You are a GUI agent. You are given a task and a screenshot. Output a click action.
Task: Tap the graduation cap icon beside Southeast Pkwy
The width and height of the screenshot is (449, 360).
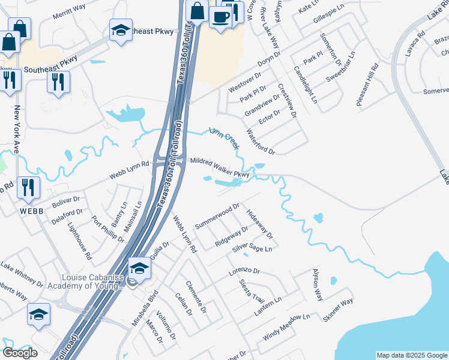(121, 31)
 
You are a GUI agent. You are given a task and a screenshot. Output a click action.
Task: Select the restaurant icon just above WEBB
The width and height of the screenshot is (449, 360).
(28, 187)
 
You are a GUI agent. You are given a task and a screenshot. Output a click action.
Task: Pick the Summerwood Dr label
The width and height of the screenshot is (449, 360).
(217, 214)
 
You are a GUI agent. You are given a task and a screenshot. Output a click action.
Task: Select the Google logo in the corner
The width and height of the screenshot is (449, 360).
(20, 353)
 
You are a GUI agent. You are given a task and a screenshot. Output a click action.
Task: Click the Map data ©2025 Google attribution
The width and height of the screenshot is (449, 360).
(412, 355)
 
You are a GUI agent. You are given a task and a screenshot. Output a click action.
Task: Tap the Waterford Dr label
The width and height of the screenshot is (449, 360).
(261, 142)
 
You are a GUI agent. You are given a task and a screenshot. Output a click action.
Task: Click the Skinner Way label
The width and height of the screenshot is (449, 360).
(339, 311)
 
